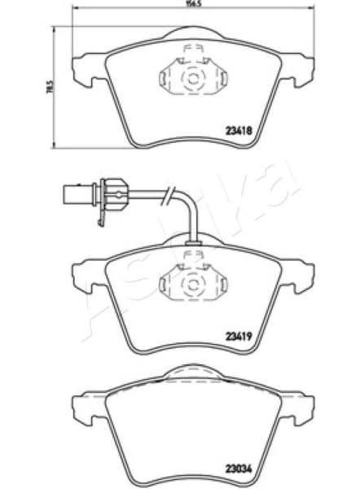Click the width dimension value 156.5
(192, 4)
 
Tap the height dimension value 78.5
(49, 85)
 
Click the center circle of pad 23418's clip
(193, 80)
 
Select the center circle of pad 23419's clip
(193, 284)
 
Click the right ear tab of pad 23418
(302, 70)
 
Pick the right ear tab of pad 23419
(302, 275)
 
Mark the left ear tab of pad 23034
(82, 407)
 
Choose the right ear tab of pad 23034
(302, 407)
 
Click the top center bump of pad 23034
(193, 372)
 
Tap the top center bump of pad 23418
(193, 33)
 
